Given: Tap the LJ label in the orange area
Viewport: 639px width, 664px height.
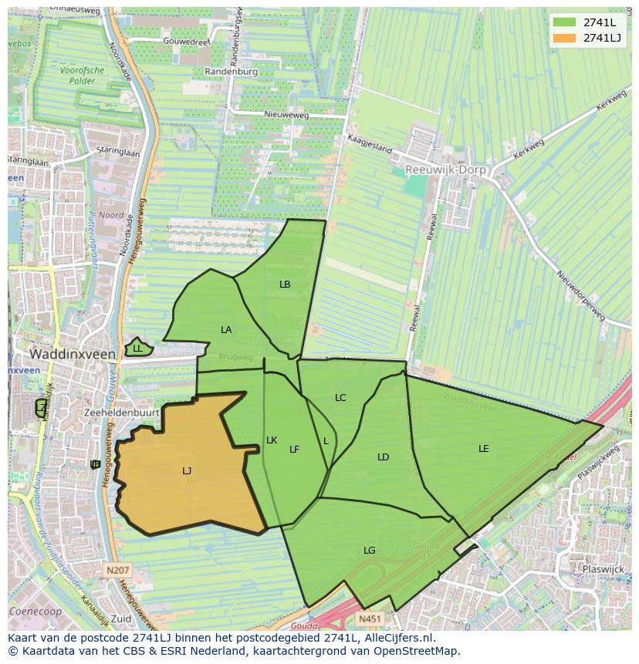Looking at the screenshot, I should tap(187, 470).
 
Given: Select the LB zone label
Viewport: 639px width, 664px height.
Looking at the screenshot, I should tap(285, 285).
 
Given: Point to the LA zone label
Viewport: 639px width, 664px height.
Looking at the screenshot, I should tap(226, 330).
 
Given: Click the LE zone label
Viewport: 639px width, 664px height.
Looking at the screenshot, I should tap(484, 448).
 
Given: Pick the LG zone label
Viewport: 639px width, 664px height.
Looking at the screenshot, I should tap(370, 551).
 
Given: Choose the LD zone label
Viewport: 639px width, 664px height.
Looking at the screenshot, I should tap(384, 457).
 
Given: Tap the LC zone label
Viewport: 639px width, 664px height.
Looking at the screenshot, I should tap(340, 398).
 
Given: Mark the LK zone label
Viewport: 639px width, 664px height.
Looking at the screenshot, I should tap(272, 440).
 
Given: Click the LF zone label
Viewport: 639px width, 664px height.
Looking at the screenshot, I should tap(294, 450).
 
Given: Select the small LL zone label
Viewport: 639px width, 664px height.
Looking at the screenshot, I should tap(137, 349).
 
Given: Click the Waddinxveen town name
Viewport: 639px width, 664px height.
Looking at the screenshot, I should tap(73, 354).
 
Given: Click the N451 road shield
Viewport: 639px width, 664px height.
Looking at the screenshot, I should tap(369, 618).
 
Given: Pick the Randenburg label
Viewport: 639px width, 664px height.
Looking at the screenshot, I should tap(231, 71).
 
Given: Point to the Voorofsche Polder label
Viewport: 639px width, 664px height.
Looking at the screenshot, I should tap(81, 75).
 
